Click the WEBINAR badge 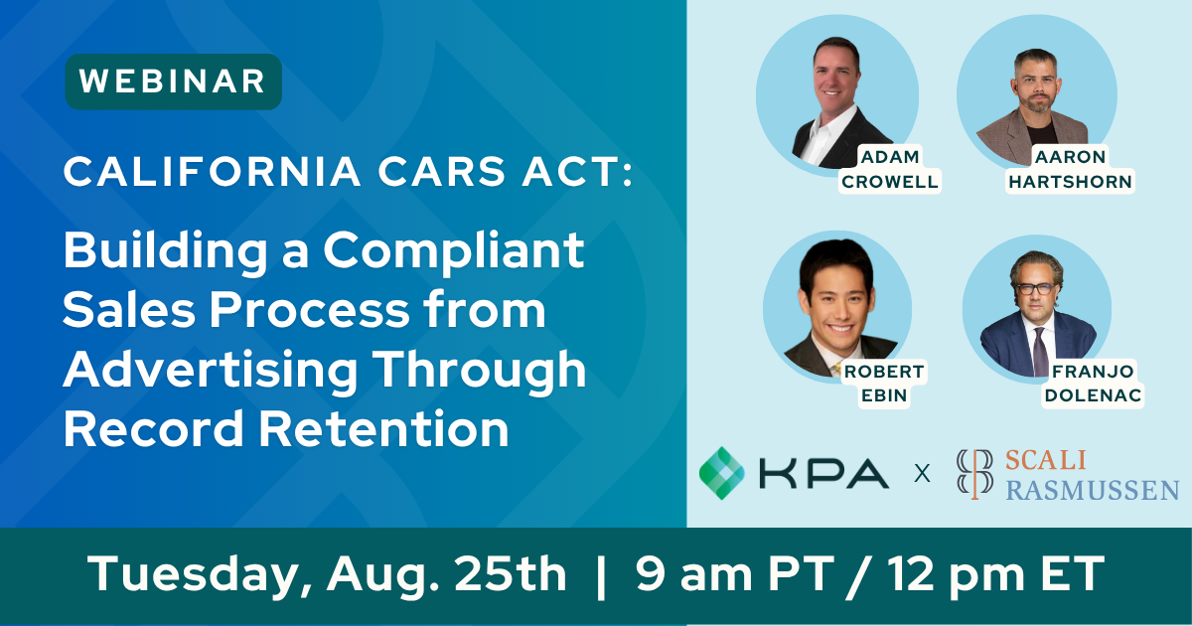[174, 81]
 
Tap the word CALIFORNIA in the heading [213, 171]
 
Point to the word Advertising [211, 371]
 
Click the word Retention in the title [383, 429]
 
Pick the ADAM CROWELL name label [890, 169]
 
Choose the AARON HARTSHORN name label [1070, 169]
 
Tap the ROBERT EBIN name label [884, 384]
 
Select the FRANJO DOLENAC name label [1093, 384]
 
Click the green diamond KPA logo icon [721, 473]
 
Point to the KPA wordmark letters [823, 474]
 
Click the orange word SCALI [1046, 461]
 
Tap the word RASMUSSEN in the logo [1093, 490]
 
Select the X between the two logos [922, 473]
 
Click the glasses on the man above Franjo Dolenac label [1035, 289]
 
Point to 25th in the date [510, 574]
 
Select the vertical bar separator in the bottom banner [601, 577]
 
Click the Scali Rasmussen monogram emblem [974, 474]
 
